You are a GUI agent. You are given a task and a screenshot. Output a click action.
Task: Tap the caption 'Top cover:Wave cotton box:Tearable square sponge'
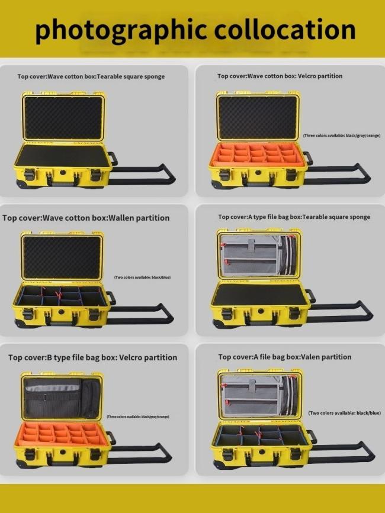click(91, 77)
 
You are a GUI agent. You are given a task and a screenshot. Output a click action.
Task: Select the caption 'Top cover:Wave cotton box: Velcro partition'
click(280, 76)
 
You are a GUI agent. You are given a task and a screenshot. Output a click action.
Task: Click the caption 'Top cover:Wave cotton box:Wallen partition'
click(86, 218)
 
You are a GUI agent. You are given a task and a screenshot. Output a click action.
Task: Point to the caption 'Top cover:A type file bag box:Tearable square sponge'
click(294, 217)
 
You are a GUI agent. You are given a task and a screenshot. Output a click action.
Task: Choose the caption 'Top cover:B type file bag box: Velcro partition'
click(92, 357)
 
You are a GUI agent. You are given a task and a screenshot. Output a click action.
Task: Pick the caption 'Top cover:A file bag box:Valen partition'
click(284, 357)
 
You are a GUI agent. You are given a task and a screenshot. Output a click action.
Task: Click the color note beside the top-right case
click(342, 135)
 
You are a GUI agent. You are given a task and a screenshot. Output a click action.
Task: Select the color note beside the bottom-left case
click(138, 417)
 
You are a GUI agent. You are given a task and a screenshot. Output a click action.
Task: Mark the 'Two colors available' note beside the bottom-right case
click(344, 413)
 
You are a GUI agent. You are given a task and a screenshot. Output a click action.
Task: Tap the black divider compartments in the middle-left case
click(62, 296)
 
